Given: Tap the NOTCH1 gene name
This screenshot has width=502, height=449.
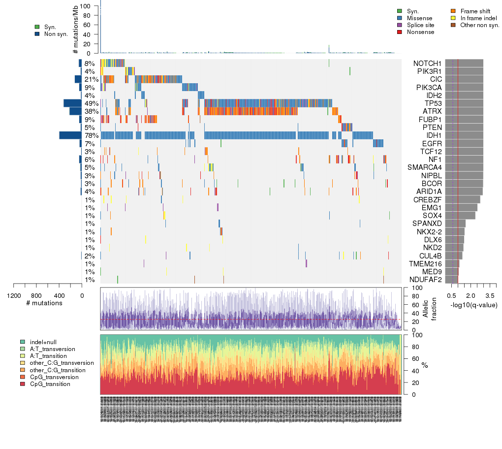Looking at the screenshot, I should coord(428,64).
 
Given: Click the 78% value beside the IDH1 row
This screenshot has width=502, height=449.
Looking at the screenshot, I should coord(92,135).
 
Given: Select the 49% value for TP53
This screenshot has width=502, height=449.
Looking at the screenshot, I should coord(92,103).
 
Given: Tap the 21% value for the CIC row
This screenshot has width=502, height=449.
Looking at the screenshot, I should coord(92,79).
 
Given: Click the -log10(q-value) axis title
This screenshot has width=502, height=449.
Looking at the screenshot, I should coord(473,305).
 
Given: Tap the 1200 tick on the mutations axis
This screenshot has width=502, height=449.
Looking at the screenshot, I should coord(14,295).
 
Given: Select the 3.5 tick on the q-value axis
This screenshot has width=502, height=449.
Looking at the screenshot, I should coord(490,295).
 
